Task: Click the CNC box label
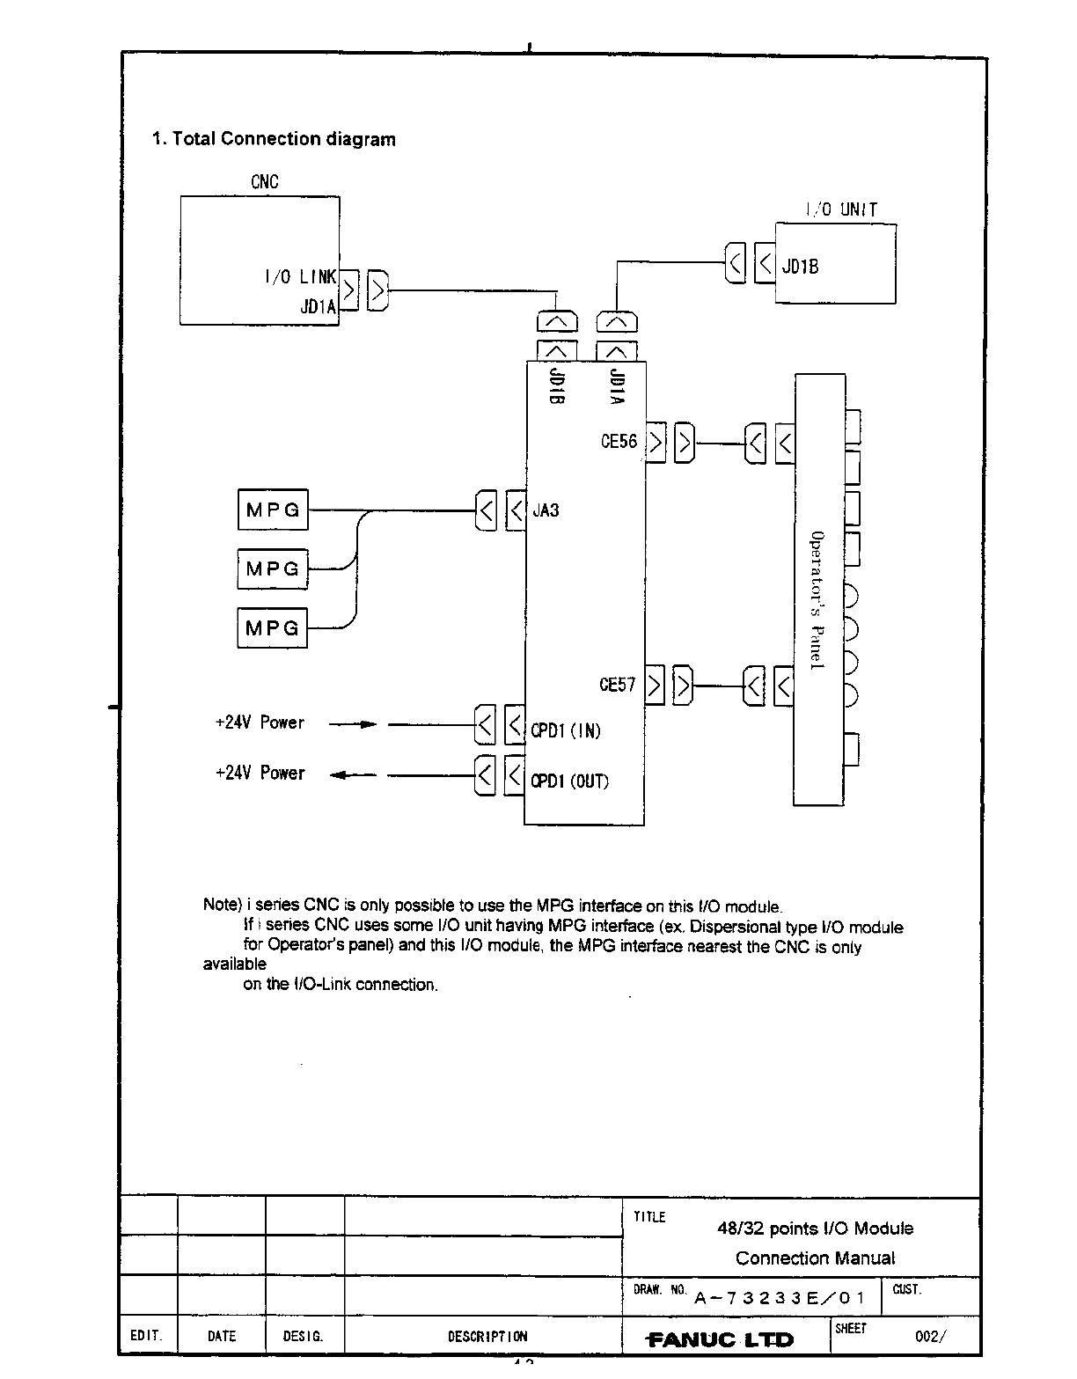(x=264, y=182)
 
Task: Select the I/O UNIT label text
(x=841, y=209)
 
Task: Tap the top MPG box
(x=273, y=510)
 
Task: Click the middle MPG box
(x=273, y=568)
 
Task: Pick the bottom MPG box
(x=273, y=628)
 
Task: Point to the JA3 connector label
(x=546, y=510)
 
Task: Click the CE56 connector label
(x=619, y=442)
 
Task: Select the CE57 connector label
(x=617, y=685)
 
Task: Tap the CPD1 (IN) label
(x=566, y=730)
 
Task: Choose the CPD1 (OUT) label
(x=569, y=781)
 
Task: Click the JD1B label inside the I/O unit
(x=800, y=266)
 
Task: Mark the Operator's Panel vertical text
(x=817, y=601)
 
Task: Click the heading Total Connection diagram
(x=274, y=139)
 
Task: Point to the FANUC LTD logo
(x=721, y=1339)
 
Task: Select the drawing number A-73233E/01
(x=780, y=1298)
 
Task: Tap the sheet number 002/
(x=931, y=1336)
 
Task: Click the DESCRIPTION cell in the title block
(x=487, y=1336)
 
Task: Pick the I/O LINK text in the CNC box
(x=300, y=277)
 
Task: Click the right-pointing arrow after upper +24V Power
(x=353, y=724)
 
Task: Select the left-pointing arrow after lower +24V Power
(x=353, y=775)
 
